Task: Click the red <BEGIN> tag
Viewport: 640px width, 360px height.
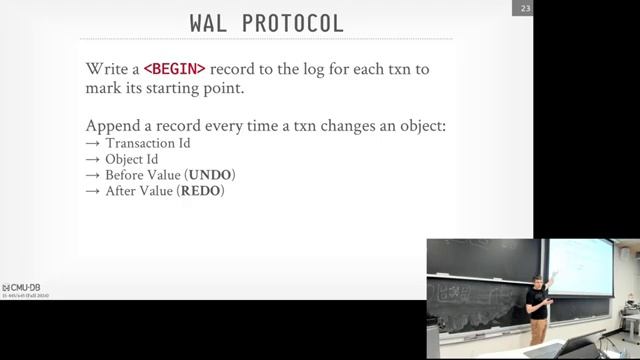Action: click(175, 69)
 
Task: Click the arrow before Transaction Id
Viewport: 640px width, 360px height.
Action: click(93, 144)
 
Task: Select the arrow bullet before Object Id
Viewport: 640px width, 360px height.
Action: click(93, 160)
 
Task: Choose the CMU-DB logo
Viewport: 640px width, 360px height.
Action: click(22, 287)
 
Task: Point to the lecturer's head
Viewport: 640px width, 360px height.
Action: click(537, 280)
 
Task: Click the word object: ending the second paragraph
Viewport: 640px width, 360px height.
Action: click(420, 127)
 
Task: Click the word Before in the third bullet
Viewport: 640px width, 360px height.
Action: click(128, 175)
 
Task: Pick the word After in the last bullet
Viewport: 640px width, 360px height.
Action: click(123, 190)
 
